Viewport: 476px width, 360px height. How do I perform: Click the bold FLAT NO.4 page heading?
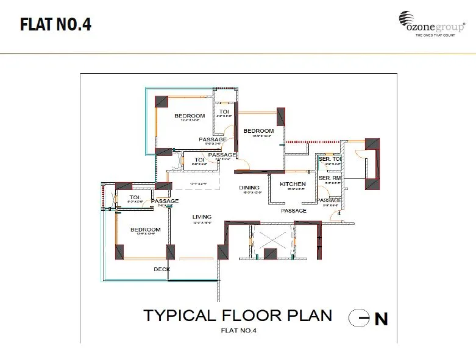[x=55, y=25]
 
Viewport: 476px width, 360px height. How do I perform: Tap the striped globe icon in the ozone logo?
[x=407, y=18]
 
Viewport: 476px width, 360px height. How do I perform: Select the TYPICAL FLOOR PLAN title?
[x=238, y=315]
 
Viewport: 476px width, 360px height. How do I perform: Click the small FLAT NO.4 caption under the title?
[x=238, y=331]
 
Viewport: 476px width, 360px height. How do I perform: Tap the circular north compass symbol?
[x=358, y=317]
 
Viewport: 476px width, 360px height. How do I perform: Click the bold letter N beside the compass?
[x=381, y=319]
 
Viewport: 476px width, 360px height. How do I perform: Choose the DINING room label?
[x=249, y=188]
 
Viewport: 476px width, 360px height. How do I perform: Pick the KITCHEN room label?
[x=293, y=184]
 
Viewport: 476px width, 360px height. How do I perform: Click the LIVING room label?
[x=202, y=216]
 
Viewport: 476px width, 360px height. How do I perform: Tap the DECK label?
[x=162, y=269]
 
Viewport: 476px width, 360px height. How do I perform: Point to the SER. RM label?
[x=329, y=178]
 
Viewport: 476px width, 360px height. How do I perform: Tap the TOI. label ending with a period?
[x=135, y=197]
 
